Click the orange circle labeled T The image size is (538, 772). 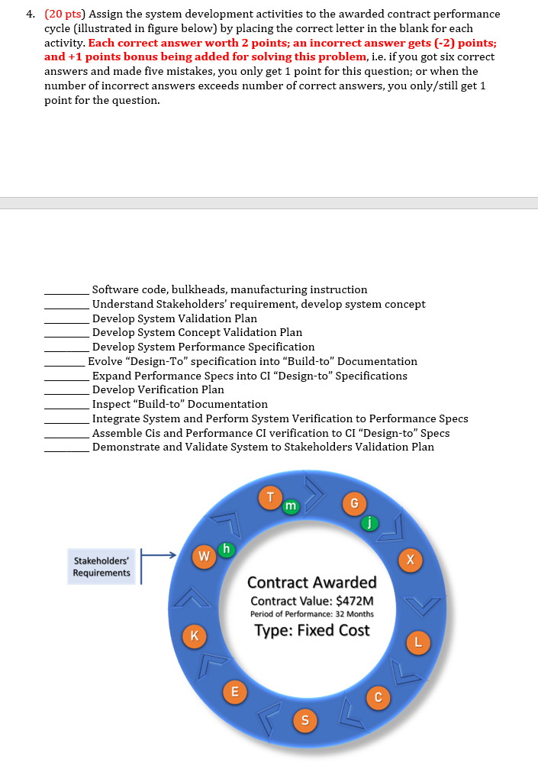click(269, 498)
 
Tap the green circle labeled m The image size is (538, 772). click(291, 506)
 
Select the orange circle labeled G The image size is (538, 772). click(353, 502)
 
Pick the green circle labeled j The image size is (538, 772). click(369, 523)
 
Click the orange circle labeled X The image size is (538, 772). click(411, 560)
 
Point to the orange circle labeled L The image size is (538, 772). click(418, 641)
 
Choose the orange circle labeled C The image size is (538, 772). click(377, 696)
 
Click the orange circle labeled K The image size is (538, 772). click(194, 634)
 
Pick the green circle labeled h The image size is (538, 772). click(226, 548)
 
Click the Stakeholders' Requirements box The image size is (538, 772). click(101, 567)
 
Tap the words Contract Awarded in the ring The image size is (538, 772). click(312, 583)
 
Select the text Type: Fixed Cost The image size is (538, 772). click(312, 631)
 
